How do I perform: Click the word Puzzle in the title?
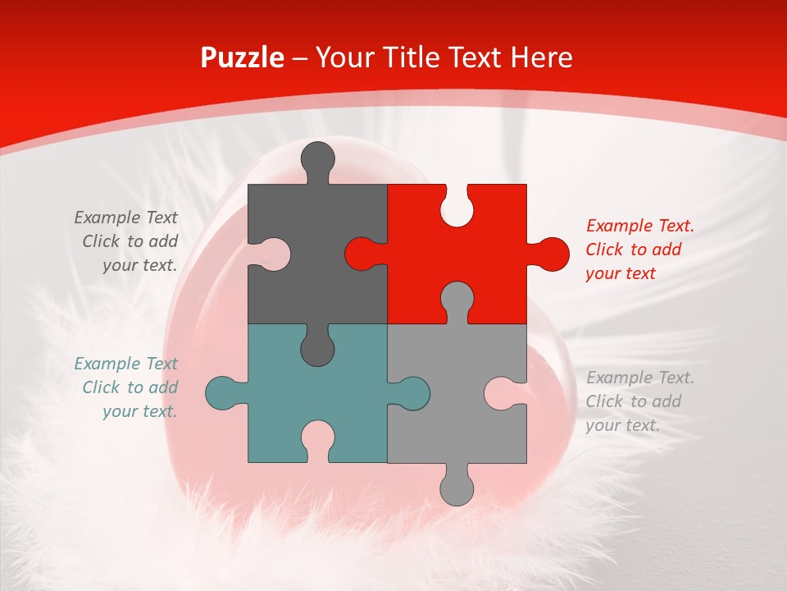(243, 57)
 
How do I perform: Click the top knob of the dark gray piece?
(317, 158)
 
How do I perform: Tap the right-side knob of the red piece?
(551, 254)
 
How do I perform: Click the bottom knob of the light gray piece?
(457, 488)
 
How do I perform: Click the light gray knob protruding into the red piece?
(457, 300)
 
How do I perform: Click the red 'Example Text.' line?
(640, 226)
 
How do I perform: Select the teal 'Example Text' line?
(125, 364)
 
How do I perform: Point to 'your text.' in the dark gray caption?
(139, 265)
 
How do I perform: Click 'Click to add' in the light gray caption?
(633, 401)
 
